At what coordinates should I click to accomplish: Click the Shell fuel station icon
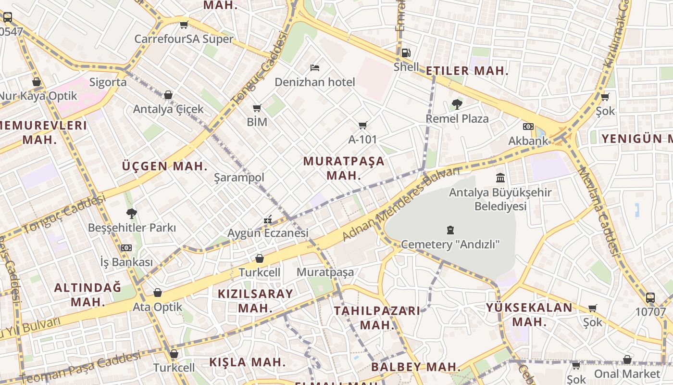pyautogui.click(x=406, y=53)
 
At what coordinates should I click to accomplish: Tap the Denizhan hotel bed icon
pyautogui.click(x=315, y=68)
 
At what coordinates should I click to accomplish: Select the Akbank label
pyautogui.click(x=528, y=141)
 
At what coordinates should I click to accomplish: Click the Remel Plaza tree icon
pyautogui.click(x=457, y=104)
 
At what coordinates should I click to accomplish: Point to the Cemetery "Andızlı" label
pyautogui.click(x=450, y=244)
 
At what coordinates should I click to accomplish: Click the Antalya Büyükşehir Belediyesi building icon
pyautogui.click(x=500, y=178)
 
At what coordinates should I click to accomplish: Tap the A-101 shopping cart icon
pyautogui.click(x=363, y=126)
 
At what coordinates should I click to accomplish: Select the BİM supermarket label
pyautogui.click(x=257, y=122)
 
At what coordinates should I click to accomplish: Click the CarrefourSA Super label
pyautogui.click(x=184, y=39)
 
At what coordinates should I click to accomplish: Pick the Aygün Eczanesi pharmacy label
pyautogui.click(x=268, y=233)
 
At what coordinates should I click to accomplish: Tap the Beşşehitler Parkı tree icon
pyautogui.click(x=132, y=213)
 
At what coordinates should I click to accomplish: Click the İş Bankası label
pyautogui.click(x=126, y=262)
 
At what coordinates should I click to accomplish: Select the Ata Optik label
pyautogui.click(x=158, y=307)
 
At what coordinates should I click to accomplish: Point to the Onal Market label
pyautogui.click(x=627, y=374)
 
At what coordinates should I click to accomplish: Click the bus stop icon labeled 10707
pyautogui.click(x=650, y=298)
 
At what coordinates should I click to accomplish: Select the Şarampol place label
pyautogui.click(x=239, y=178)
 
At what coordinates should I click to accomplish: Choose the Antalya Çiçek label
pyautogui.click(x=168, y=109)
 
